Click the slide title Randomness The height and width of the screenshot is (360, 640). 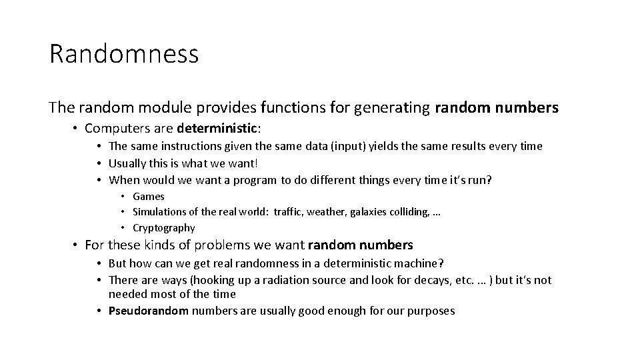124,54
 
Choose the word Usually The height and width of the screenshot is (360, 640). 129,163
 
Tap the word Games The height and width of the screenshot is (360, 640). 149,196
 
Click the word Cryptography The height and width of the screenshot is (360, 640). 164,228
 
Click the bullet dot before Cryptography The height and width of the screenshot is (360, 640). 123,228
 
